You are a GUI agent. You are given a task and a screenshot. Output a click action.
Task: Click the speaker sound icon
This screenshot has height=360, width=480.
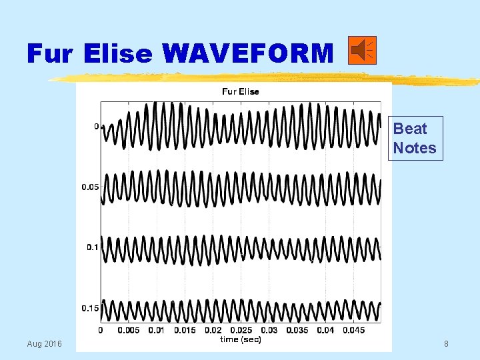click(x=362, y=51)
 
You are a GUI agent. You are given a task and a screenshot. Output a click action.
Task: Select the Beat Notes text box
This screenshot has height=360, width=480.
click(x=414, y=138)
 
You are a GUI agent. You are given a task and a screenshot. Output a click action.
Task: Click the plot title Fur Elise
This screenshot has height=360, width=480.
click(x=240, y=91)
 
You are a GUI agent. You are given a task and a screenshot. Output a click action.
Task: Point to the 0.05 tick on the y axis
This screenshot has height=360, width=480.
click(x=90, y=187)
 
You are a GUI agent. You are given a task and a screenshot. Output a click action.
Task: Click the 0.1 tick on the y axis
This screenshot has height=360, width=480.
click(x=93, y=247)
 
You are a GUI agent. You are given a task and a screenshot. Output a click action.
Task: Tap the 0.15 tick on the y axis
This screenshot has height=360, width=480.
click(x=90, y=308)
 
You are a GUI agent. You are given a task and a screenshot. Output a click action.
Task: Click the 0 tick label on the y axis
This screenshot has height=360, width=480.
click(x=96, y=126)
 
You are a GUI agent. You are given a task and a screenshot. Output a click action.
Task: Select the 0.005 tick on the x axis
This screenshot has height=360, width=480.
click(x=129, y=330)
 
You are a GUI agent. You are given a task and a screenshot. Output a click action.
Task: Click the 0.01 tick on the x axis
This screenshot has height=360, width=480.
click(x=157, y=330)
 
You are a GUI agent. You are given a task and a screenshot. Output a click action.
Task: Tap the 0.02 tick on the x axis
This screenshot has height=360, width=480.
click(x=213, y=330)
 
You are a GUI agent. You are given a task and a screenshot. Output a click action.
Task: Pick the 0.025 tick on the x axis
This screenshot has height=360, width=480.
click(x=242, y=330)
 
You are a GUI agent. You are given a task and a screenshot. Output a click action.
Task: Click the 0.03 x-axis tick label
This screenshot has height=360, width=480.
click(x=269, y=330)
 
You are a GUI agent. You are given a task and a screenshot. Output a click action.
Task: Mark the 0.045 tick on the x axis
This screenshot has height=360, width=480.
click(x=353, y=330)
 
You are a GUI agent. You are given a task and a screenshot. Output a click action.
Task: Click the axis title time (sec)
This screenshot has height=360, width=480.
click(x=241, y=339)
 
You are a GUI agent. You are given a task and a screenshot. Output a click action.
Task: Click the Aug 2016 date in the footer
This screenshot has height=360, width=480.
click(x=44, y=343)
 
